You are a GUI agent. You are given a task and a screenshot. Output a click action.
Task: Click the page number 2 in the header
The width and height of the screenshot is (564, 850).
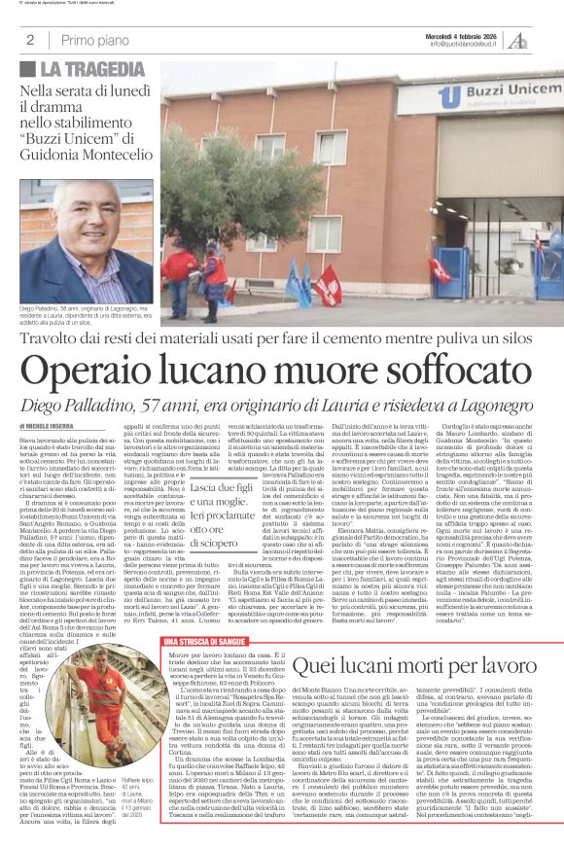(x=30, y=40)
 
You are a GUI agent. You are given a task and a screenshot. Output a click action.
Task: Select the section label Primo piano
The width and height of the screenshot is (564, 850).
(x=92, y=40)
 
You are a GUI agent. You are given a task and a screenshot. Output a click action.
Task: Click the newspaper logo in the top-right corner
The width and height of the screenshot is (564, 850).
(x=545, y=38)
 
